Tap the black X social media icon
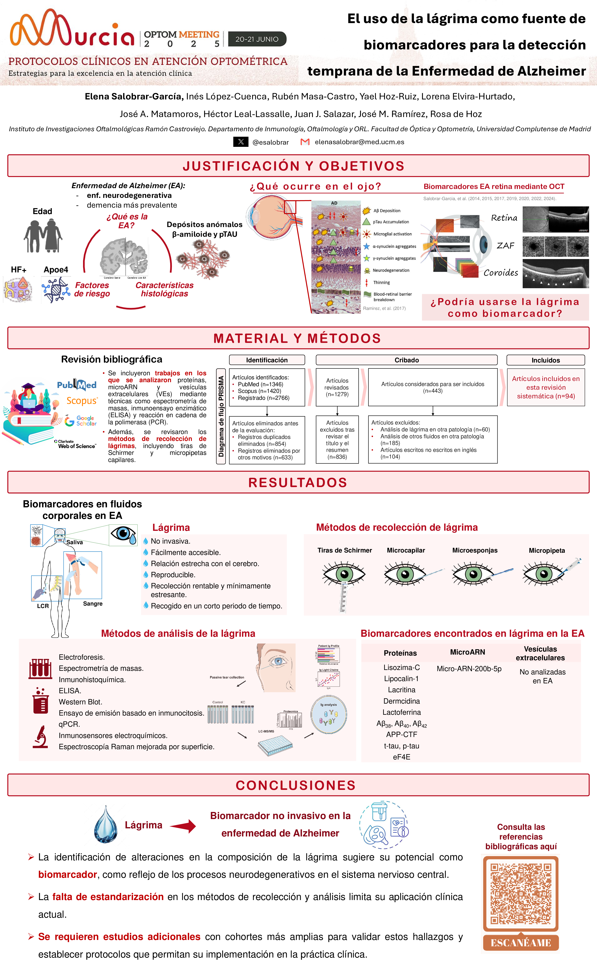241,142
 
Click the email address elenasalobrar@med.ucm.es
359,142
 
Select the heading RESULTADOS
298,482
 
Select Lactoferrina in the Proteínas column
401,712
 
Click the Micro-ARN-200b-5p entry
469,669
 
